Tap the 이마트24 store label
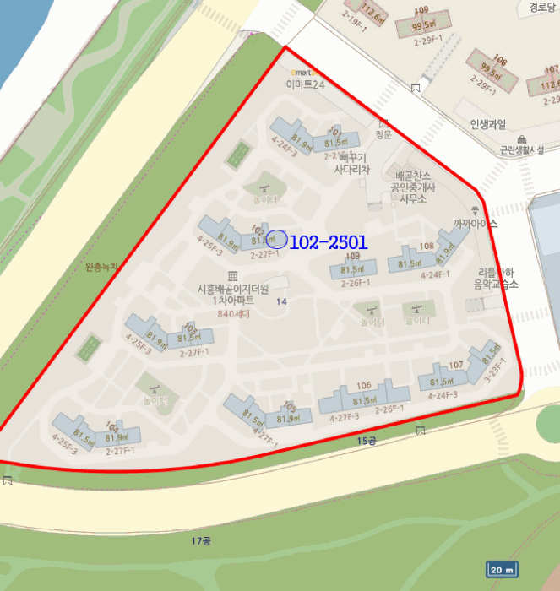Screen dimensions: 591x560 306,84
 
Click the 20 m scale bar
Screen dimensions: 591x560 502,570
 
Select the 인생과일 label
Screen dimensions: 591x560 488,125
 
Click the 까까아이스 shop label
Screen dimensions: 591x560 475,224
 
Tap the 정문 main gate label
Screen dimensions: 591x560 383,133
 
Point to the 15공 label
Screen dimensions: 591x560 365,441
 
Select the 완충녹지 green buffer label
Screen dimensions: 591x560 103,268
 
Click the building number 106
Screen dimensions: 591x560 364,386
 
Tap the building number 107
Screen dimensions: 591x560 456,365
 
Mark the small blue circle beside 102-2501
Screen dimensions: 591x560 276,240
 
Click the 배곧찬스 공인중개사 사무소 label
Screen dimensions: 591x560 412,187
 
